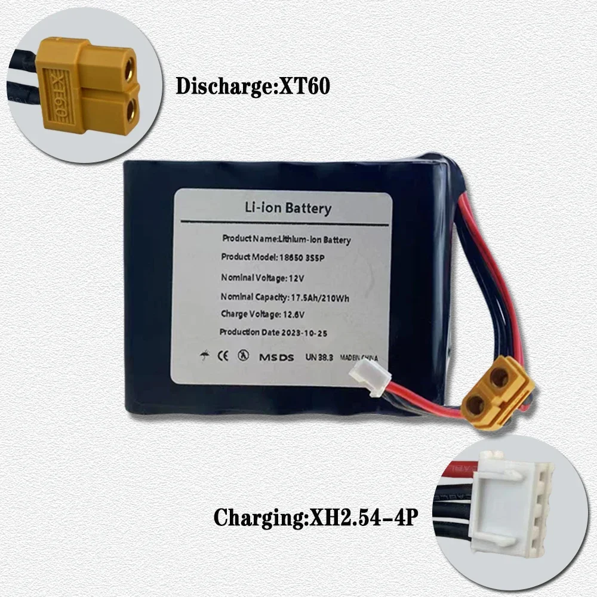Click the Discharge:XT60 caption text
pos(253,86)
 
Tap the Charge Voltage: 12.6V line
pos(259,314)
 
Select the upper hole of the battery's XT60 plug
pos(498,377)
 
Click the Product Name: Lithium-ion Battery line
pos(287,239)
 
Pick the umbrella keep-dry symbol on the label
pos(205,356)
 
